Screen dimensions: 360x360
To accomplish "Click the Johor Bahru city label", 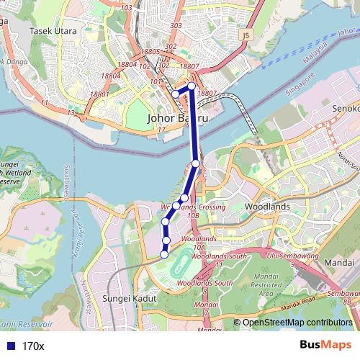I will [x=176, y=117].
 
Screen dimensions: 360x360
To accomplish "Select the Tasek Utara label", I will [x=53, y=31].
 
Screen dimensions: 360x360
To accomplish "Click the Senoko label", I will [x=345, y=108].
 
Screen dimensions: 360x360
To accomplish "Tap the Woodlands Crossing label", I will [x=192, y=207].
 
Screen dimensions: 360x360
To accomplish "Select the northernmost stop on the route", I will [x=192, y=86].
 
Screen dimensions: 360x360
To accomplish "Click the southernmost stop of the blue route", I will [x=164, y=254].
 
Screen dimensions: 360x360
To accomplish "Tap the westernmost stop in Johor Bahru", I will [x=175, y=94].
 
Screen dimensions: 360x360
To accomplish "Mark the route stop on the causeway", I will [x=196, y=163].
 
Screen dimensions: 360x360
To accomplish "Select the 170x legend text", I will [x=33, y=346].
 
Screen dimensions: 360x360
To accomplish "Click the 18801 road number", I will [x=99, y=94].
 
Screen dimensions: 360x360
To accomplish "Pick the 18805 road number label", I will [x=150, y=52].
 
